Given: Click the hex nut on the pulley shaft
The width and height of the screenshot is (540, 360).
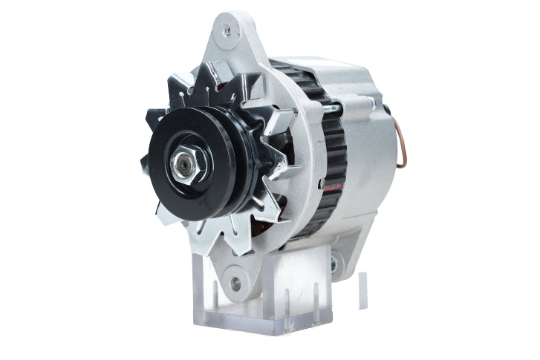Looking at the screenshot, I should click(x=183, y=164).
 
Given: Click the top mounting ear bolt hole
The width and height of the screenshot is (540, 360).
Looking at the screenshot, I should click(x=227, y=30).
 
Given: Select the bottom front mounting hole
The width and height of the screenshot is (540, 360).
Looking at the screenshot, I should click(x=236, y=283).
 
